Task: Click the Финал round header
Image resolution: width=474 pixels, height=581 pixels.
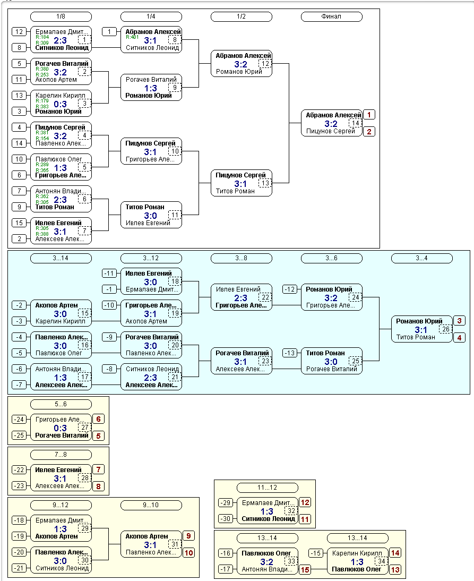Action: click(331, 16)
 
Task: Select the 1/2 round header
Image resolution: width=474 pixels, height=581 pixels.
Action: click(241, 16)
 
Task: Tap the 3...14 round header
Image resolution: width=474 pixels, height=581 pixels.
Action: click(61, 258)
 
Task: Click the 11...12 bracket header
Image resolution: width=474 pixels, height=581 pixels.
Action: click(268, 488)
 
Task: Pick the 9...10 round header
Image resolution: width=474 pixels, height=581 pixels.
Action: click(151, 505)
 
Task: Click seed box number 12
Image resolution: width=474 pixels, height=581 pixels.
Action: click(19, 32)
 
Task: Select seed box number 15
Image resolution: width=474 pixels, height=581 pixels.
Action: click(19, 223)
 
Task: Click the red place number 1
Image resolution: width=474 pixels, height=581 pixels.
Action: click(369, 115)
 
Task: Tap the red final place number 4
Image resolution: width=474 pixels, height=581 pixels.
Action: click(459, 338)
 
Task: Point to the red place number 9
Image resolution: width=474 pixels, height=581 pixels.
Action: click(188, 536)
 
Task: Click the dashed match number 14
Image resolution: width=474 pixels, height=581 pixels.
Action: click(355, 123)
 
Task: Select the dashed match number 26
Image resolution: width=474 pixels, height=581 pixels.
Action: click(445, 329)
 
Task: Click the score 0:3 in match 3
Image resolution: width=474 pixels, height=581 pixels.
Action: click(61, 104)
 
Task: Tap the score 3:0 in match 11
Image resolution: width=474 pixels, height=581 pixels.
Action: click(150, 216)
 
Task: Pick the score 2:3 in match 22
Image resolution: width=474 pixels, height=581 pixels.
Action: click(240, 298)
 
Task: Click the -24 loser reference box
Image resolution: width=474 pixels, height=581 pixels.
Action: click(19, 420)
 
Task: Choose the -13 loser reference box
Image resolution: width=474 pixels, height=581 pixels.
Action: click(290, 353)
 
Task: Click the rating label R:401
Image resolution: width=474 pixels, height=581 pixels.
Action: click(132, 37)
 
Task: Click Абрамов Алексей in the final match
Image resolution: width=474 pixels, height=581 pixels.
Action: click(333, 115)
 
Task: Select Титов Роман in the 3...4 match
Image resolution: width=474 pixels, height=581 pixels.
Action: click(416, 337)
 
